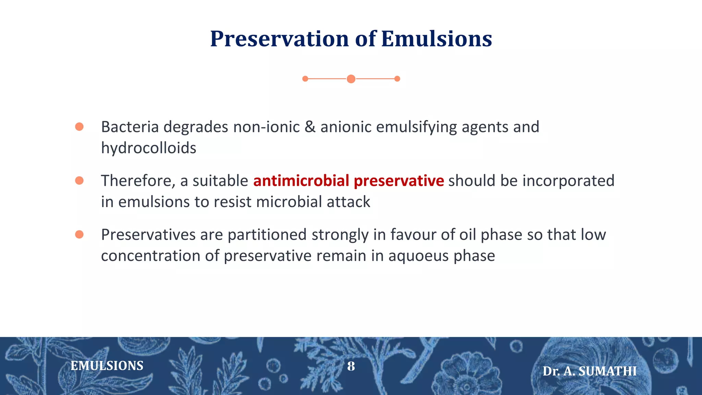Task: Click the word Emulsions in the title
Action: click(x=436, y=39)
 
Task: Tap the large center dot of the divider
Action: click(x=351, y=79)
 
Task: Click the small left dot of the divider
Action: click(x=305, y=79)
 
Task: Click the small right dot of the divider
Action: click(x=397, y=79)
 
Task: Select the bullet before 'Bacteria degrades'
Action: click(x=79, y=127)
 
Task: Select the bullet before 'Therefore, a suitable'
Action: click(x=79, y=181)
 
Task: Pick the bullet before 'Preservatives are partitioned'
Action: click(x=79, y=235)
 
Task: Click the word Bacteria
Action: click(x=130, y=127)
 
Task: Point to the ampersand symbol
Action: click(x=310, y=127)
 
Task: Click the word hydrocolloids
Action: click(x=148, y=148)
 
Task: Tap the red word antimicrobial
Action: click(x=301, y=181)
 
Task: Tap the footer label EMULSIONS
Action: click(x=107, y=366)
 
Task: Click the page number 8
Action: click(x=351, y=366)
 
